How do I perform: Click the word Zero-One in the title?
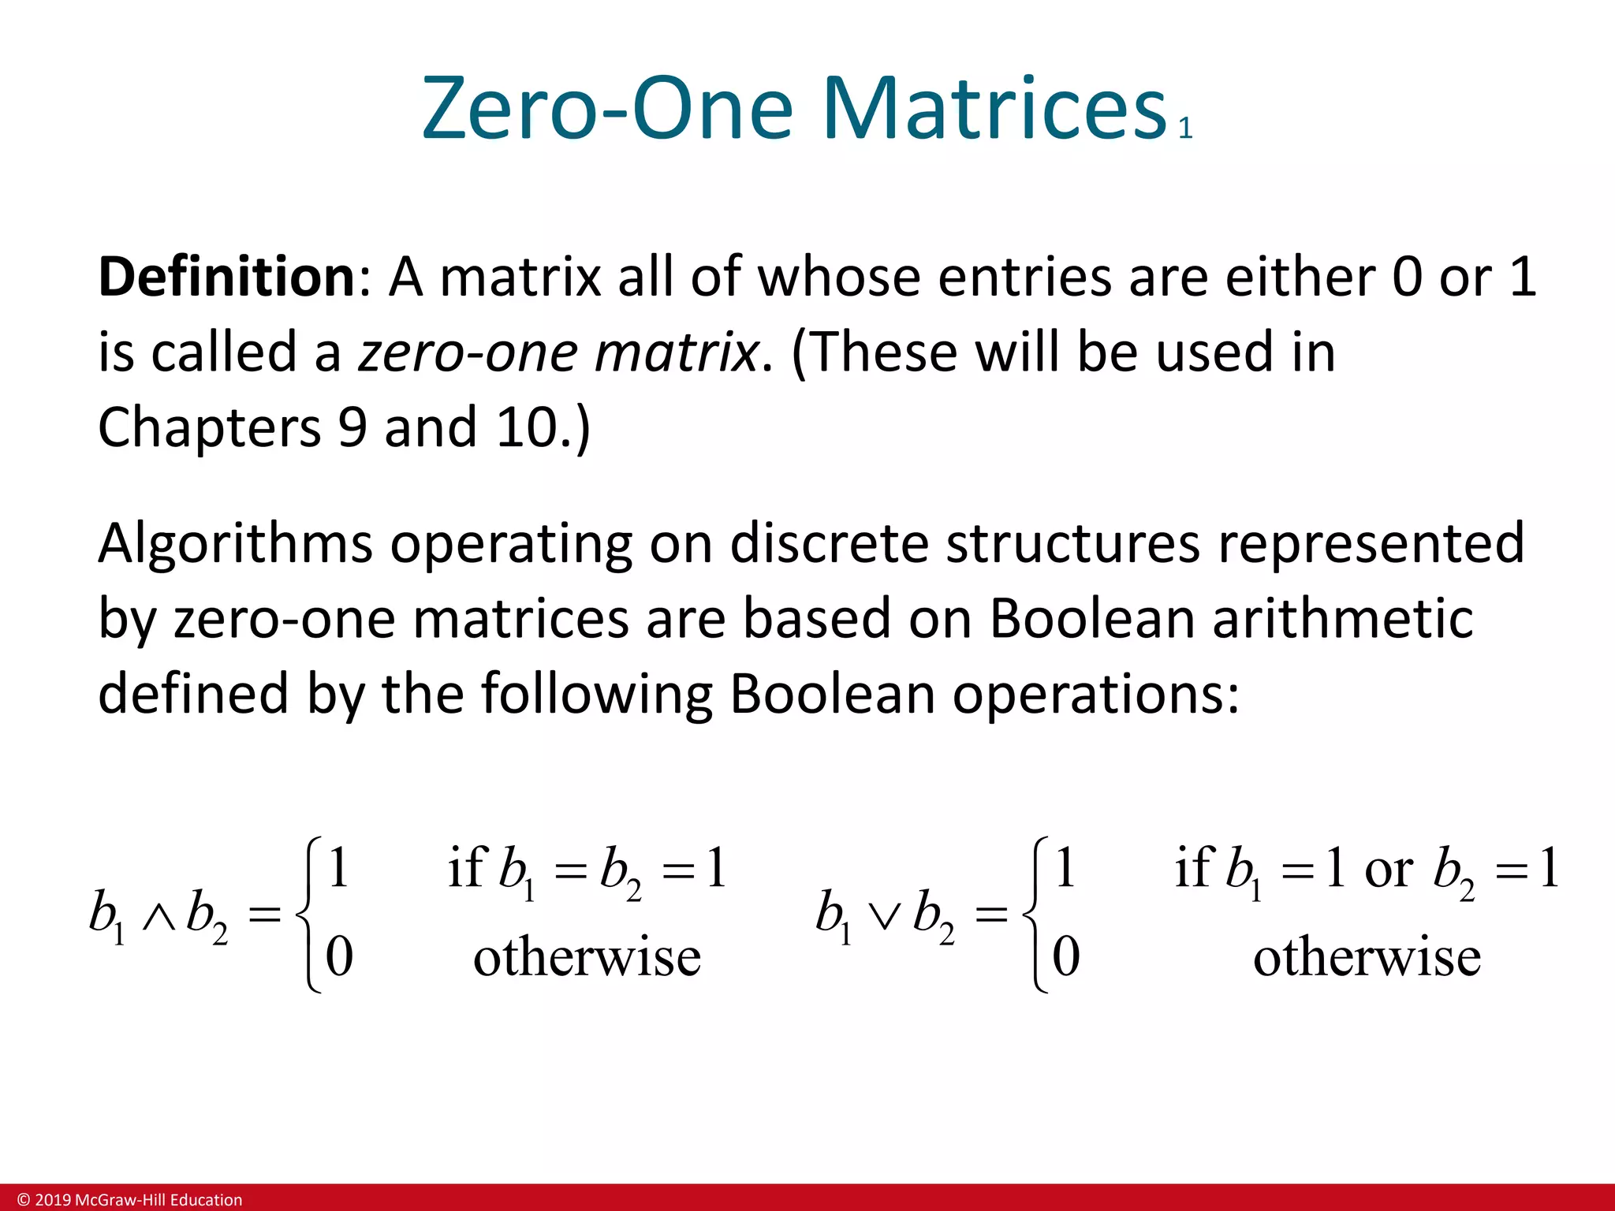point(607,109)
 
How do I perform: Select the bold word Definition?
point(227,278)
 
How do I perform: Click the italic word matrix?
point(676,352)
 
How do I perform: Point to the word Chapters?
point(209,427)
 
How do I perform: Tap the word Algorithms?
point(235,544)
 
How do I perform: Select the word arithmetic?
point(1342,618)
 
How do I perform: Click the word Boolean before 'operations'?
point(832,694)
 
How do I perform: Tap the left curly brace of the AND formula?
point(308,915)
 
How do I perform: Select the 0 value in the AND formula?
point(339,957)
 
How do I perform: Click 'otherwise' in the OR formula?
point(1367,959)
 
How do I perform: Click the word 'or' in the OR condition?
point(1389,870)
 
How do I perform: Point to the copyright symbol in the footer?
point(24,1200)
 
